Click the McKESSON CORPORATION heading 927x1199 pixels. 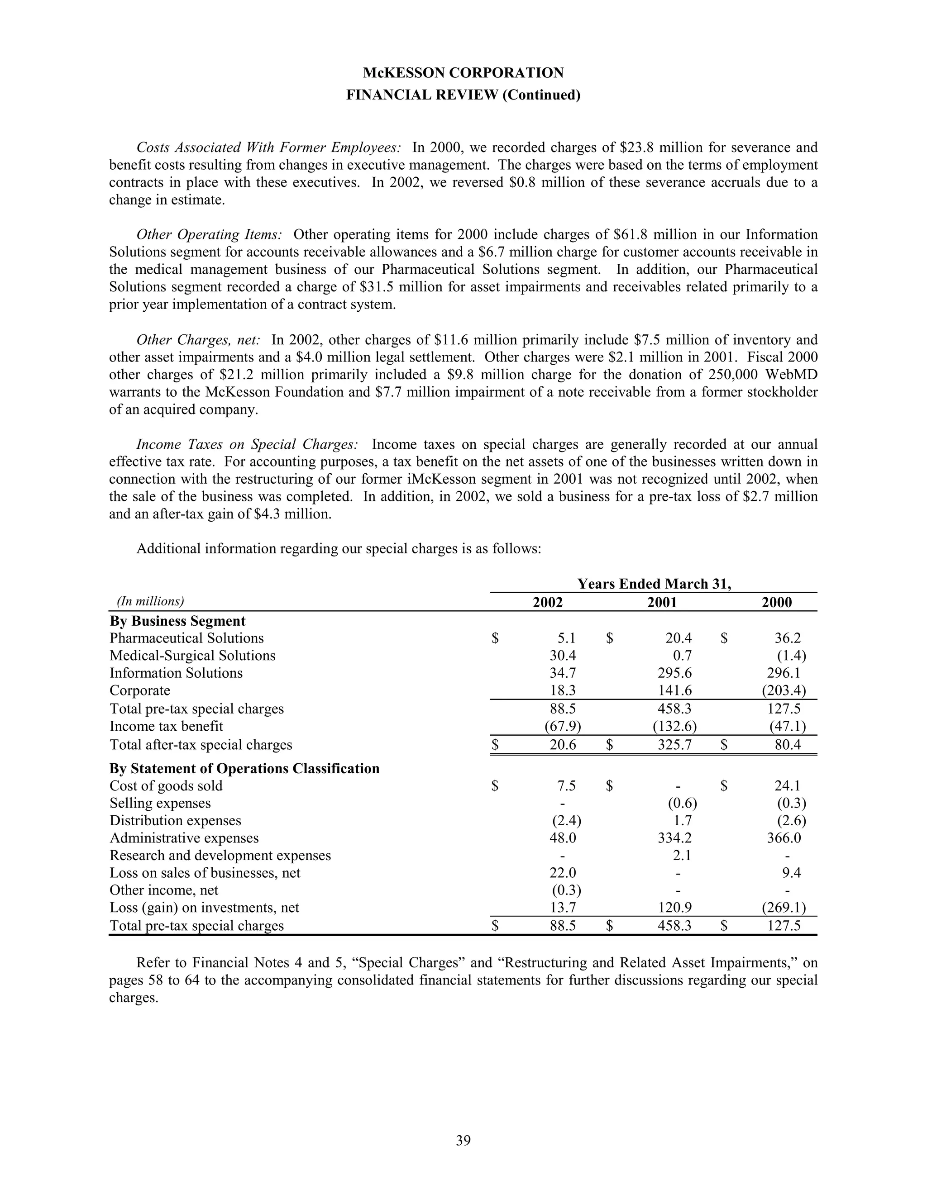463,73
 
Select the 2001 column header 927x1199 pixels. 662,602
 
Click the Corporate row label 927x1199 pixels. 140,690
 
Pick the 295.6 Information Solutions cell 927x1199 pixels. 674,673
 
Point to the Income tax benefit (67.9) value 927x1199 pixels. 562,726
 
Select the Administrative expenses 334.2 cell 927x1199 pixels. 674,838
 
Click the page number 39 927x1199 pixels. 463,1141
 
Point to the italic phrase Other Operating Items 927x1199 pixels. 209,235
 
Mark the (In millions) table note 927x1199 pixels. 150,601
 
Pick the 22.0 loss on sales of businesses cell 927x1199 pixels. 563,873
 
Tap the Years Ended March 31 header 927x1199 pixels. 654,584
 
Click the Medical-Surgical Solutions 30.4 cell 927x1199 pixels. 563,656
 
